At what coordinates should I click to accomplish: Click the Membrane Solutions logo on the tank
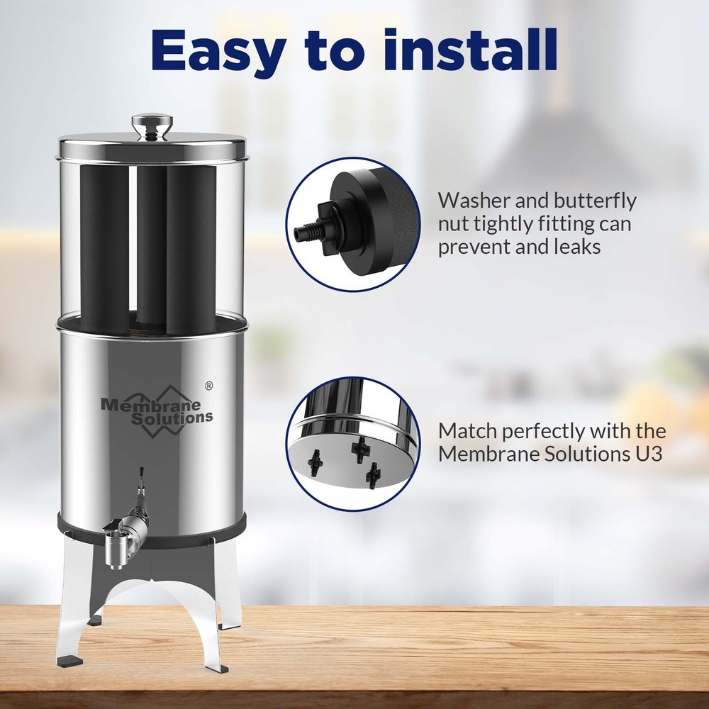(x=157, y=410)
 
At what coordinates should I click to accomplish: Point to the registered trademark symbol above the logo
(x=208, y=386)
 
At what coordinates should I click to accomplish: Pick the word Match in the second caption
(x=468, y=431)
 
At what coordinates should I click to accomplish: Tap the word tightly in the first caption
(x=509, y=224)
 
